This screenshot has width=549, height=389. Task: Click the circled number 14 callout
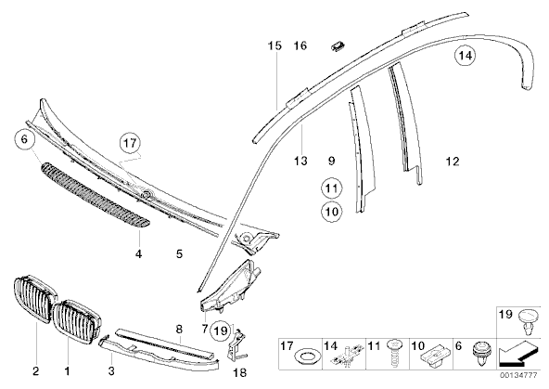(x=465, y=56)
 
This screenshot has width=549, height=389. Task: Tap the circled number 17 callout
(x=130, y=143)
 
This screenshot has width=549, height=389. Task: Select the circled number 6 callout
(x=24, y=139)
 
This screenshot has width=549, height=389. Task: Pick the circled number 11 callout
(x=331, y=188)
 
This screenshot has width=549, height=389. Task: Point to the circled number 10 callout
(x=332, y=212)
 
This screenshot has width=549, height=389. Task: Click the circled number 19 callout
(x=221, y=331)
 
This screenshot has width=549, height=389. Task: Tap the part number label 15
(x=274, y=45)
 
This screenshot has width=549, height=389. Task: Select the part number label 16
(x=300, y=45)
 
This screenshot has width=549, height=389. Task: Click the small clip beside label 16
(x=338, y=45)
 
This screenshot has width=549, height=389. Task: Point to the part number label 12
(x=453, y=162)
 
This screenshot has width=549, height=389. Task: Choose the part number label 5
(x=180, y=253)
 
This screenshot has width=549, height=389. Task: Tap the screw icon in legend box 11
(x=394, y=353)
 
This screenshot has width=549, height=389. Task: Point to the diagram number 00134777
(x=518, y=375)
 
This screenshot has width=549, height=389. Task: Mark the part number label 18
(x=240, y=372)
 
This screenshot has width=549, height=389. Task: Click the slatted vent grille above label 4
(x=96, y=195)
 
